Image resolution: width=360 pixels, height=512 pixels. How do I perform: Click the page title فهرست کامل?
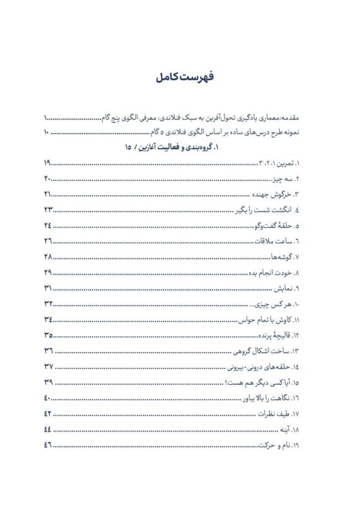pyautogui.click(x=180, y=77)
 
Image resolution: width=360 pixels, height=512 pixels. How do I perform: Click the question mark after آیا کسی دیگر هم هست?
pyautogui.click(x=230, y=383)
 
